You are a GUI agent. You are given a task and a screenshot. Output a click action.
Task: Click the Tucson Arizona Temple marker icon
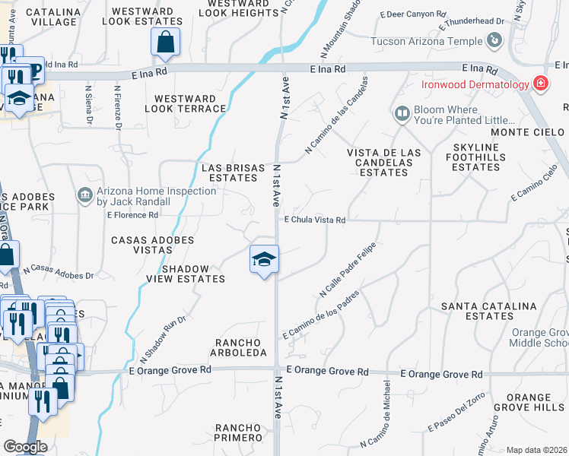494,41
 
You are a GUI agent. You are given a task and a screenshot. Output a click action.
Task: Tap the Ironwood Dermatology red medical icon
541,84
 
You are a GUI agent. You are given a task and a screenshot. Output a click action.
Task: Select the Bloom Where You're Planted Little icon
402,114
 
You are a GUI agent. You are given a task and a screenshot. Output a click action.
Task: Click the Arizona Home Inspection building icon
84,198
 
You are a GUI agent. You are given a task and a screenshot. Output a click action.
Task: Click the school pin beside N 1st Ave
264,260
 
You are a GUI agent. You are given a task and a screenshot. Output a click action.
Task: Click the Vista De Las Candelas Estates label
383,163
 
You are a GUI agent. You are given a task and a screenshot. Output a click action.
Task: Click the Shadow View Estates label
192,274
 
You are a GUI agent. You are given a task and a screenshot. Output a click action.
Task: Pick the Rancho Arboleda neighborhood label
240,347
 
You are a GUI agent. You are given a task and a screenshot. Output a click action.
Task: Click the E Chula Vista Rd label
315,220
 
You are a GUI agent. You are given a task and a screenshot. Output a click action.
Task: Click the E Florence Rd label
132,215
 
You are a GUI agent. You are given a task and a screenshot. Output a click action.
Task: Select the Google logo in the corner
25,447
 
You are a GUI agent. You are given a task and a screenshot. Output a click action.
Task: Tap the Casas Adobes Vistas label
153,245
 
